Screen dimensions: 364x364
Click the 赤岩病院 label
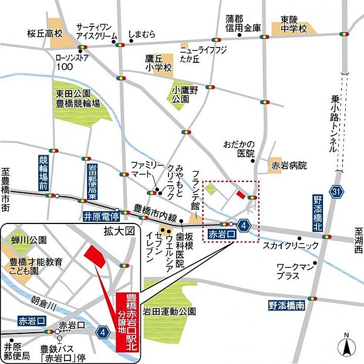[x=289, y=166]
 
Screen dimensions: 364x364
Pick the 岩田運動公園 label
[x=170, y=311]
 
